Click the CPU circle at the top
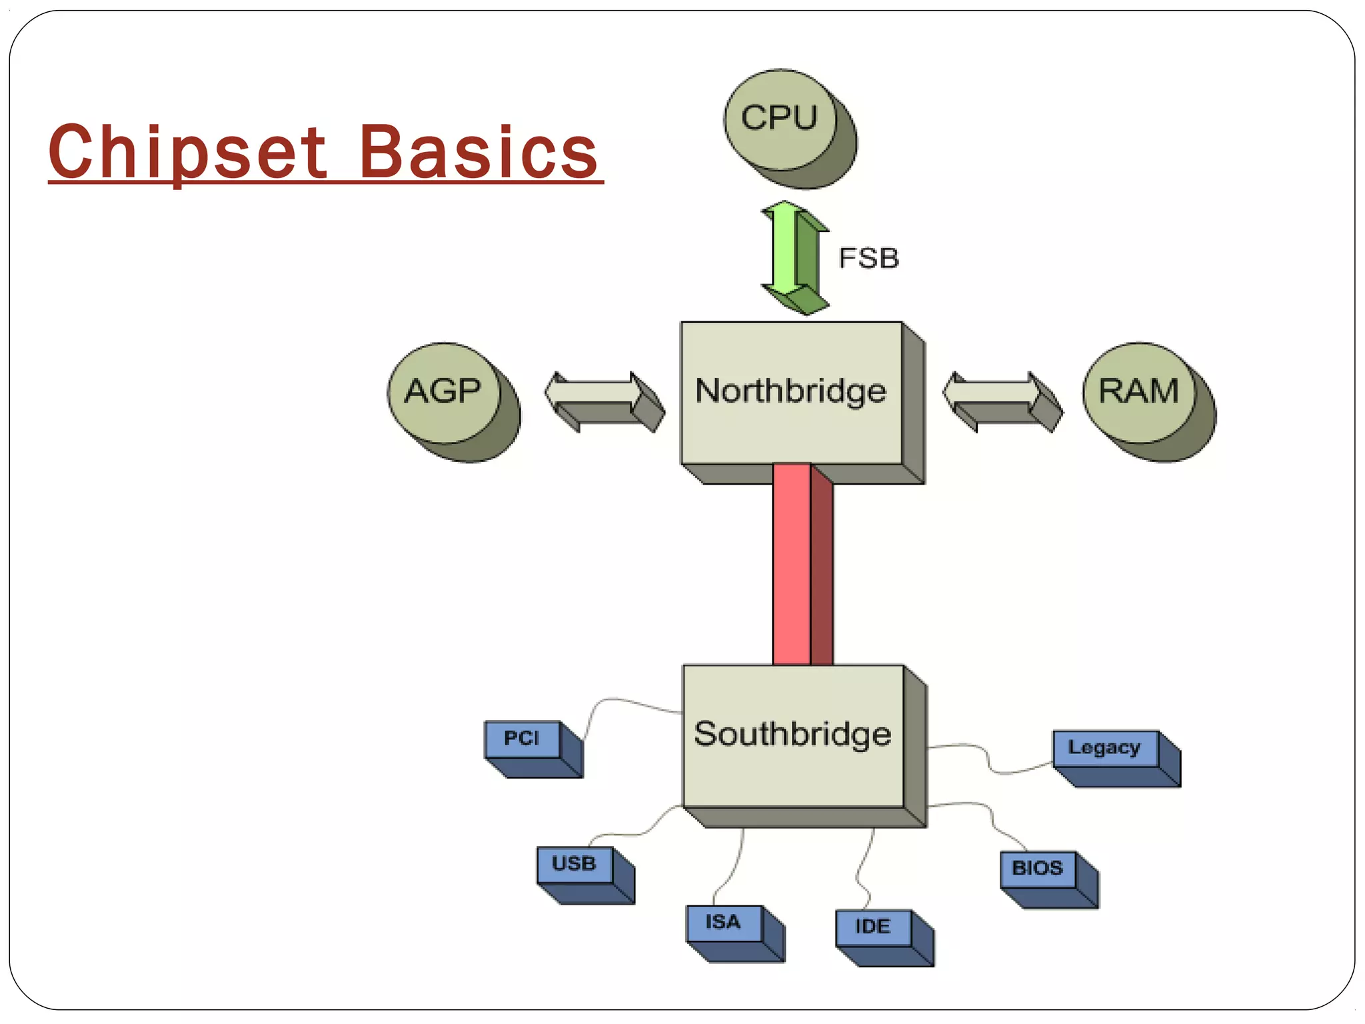(x=780, y=119)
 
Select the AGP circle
(x=443, y=392)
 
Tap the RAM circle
(x=1138, y=392)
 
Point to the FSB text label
(x=868, y=259)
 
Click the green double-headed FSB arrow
(x=793, y=257)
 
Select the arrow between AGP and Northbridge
(x=603, y=400)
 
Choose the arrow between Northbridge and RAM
(x=1001, y=400)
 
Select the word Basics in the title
(x=478, y=153)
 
